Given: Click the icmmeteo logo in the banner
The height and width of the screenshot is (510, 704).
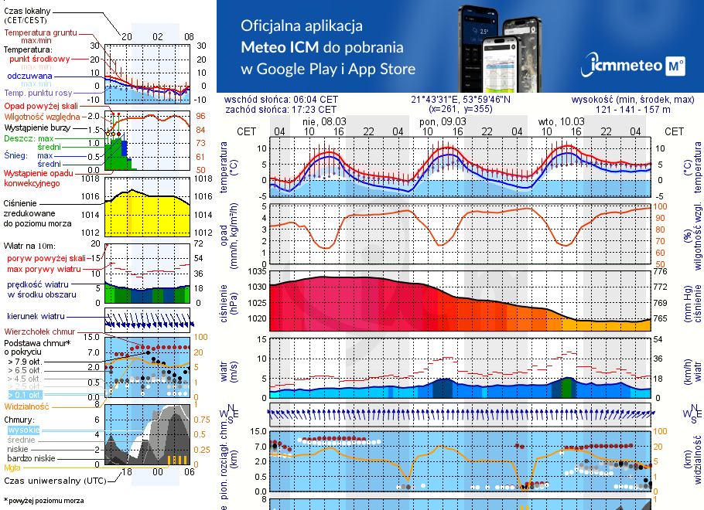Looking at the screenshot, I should (635, 65).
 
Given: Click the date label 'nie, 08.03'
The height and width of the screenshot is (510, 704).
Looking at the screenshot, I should (323, 121).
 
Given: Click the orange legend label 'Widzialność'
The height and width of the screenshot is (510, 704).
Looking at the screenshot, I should (27, 406).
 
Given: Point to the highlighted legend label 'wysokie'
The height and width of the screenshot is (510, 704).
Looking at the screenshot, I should (23, 430).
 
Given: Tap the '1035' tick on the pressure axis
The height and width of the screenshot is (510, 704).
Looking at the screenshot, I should (256, 271).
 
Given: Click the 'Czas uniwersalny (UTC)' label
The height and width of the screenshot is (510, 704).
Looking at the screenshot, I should (54, 481).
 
